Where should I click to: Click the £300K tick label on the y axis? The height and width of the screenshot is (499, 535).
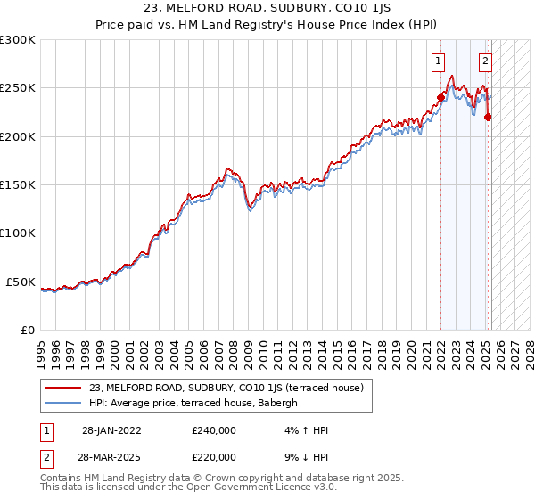click(x=17, y=40)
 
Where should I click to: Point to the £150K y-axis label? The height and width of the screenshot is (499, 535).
click(x=17, y=184)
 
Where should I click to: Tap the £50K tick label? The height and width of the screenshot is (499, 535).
click(x=21, y=282)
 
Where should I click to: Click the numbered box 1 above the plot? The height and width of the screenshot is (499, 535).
click(x=439, y=61)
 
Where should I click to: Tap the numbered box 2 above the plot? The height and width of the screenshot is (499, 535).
click(x=485, y=61)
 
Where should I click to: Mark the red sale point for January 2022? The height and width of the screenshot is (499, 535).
click(x=440, y=97)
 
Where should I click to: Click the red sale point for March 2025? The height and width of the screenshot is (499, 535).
click(x=489, y=117)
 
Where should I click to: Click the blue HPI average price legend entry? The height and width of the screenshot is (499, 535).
click(x=197, y=403)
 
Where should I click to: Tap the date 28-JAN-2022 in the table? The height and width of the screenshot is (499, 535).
click(x=111, y=430)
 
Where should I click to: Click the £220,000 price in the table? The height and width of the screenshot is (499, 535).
click(x=214, y=457)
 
